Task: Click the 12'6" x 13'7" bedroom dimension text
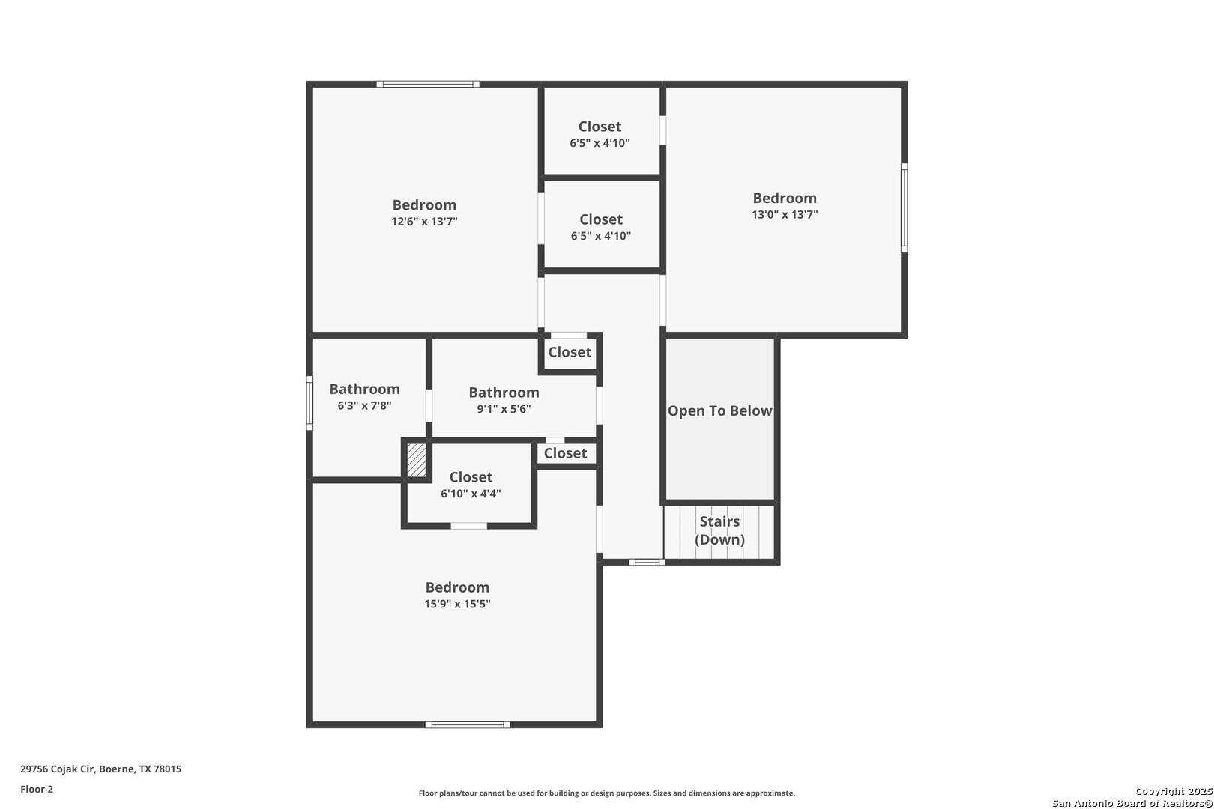pos(424,222)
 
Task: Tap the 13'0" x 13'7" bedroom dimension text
pos(785,215)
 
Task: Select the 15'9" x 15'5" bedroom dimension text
pos(457,605)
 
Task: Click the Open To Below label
pos(719,411)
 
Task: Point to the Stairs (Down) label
pos(719,530)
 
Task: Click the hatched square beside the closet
pos(416,460)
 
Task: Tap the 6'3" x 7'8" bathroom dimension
pos(364,406)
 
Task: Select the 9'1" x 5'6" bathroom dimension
pos(504,409)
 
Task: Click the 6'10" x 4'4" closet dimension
pos(471,494)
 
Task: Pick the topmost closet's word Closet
pos(600,127)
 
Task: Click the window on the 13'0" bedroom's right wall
pos(904,207)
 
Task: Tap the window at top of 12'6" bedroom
pos(428,84)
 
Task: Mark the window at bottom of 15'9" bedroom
pos(468,724)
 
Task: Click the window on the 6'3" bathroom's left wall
pos(309,403)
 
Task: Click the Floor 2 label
pos(37,789)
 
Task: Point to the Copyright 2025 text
pos(1173,792)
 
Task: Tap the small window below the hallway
pos(646,562)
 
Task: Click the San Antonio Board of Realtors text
pos(1132,803)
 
